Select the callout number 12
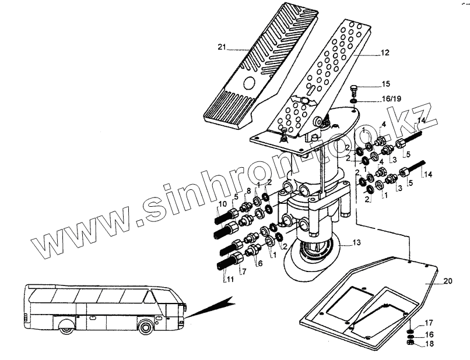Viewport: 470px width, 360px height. pyautogui.click(x=384, y=53)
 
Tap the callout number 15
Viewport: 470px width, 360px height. pyautogui.click(x=386, y=84)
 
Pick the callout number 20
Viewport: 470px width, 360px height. pyautogui.click(x=447, y=281)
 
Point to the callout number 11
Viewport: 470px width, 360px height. pyautogui.click(x=231, y=279)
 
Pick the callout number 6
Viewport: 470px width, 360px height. pyautogui.click(x=260, y=263)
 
